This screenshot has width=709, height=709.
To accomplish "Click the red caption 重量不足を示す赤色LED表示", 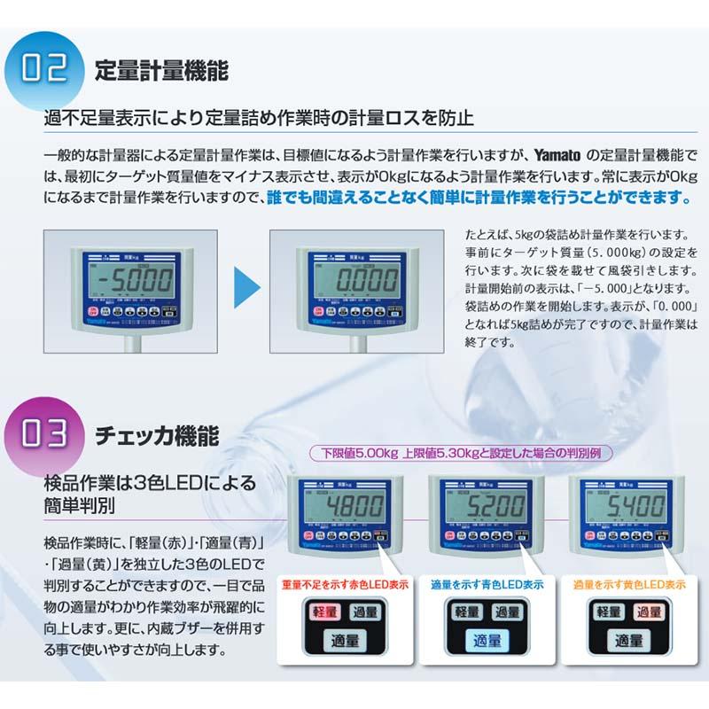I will (345, 585).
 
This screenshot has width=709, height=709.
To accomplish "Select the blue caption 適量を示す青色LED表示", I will (484, 585).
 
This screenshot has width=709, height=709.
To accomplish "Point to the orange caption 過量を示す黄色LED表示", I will (629, 585).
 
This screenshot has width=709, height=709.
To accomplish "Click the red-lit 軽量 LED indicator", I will (323, 612).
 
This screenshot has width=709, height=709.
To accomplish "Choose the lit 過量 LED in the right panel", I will (650, 612).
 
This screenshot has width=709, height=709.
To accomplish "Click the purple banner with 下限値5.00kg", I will (466, 453).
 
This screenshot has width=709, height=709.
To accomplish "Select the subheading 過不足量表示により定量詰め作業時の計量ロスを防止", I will (261, 118).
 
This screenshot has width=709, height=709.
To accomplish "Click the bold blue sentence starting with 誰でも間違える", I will (479, 195).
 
